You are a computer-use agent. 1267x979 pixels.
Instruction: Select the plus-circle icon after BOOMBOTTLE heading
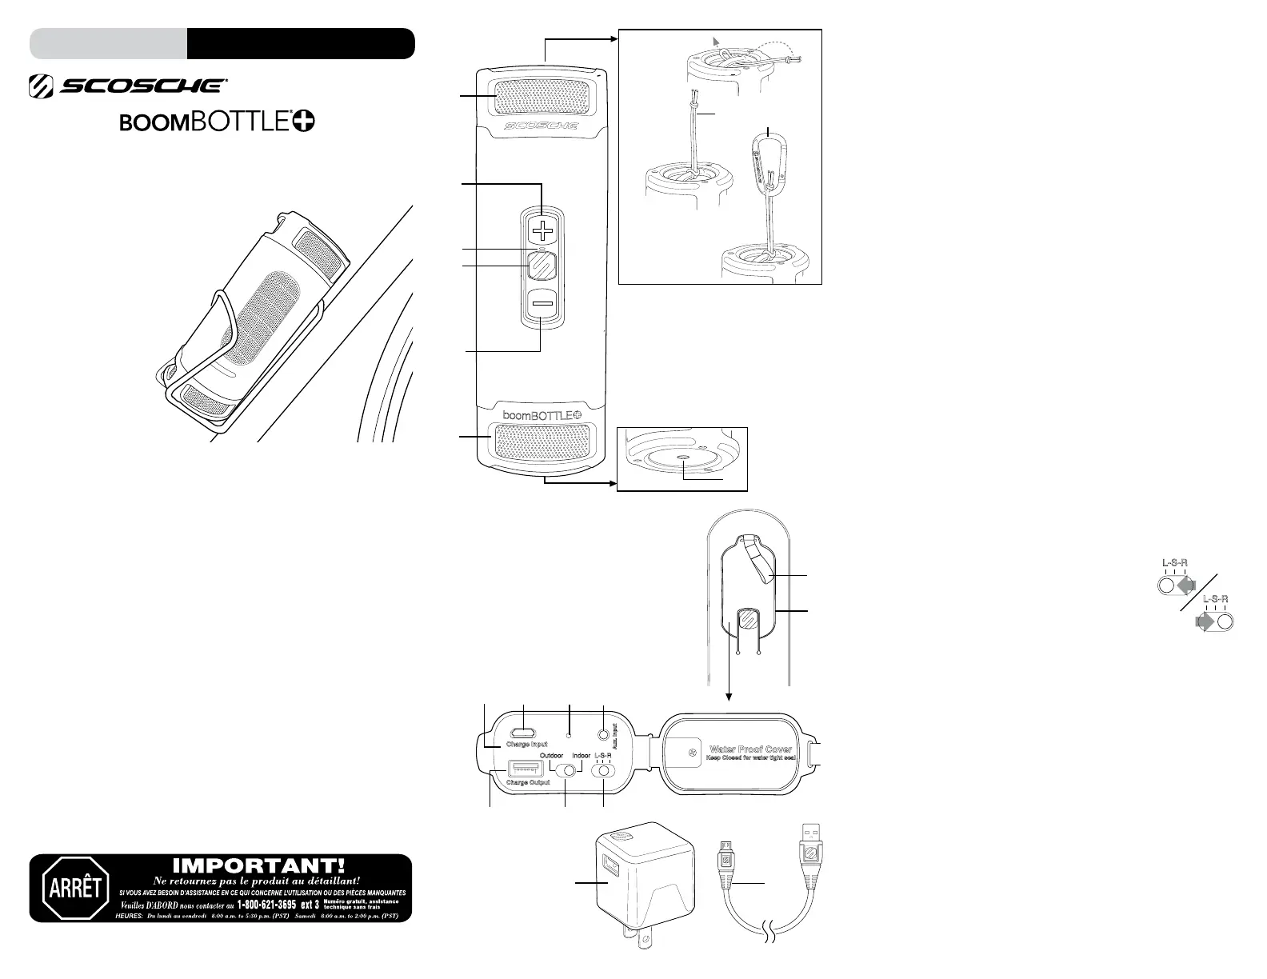coord(303,121)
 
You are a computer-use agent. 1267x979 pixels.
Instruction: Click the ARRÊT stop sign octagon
coord(75,888)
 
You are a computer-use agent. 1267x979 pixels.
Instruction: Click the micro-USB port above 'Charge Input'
coord(525,732)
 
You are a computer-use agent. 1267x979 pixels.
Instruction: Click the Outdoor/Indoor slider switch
coord(567,771)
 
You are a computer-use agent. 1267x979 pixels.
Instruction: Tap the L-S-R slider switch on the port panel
coord(603,771)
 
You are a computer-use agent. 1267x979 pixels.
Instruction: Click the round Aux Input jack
coord(604,732)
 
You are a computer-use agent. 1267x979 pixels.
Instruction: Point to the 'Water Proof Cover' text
coord(749,749)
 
